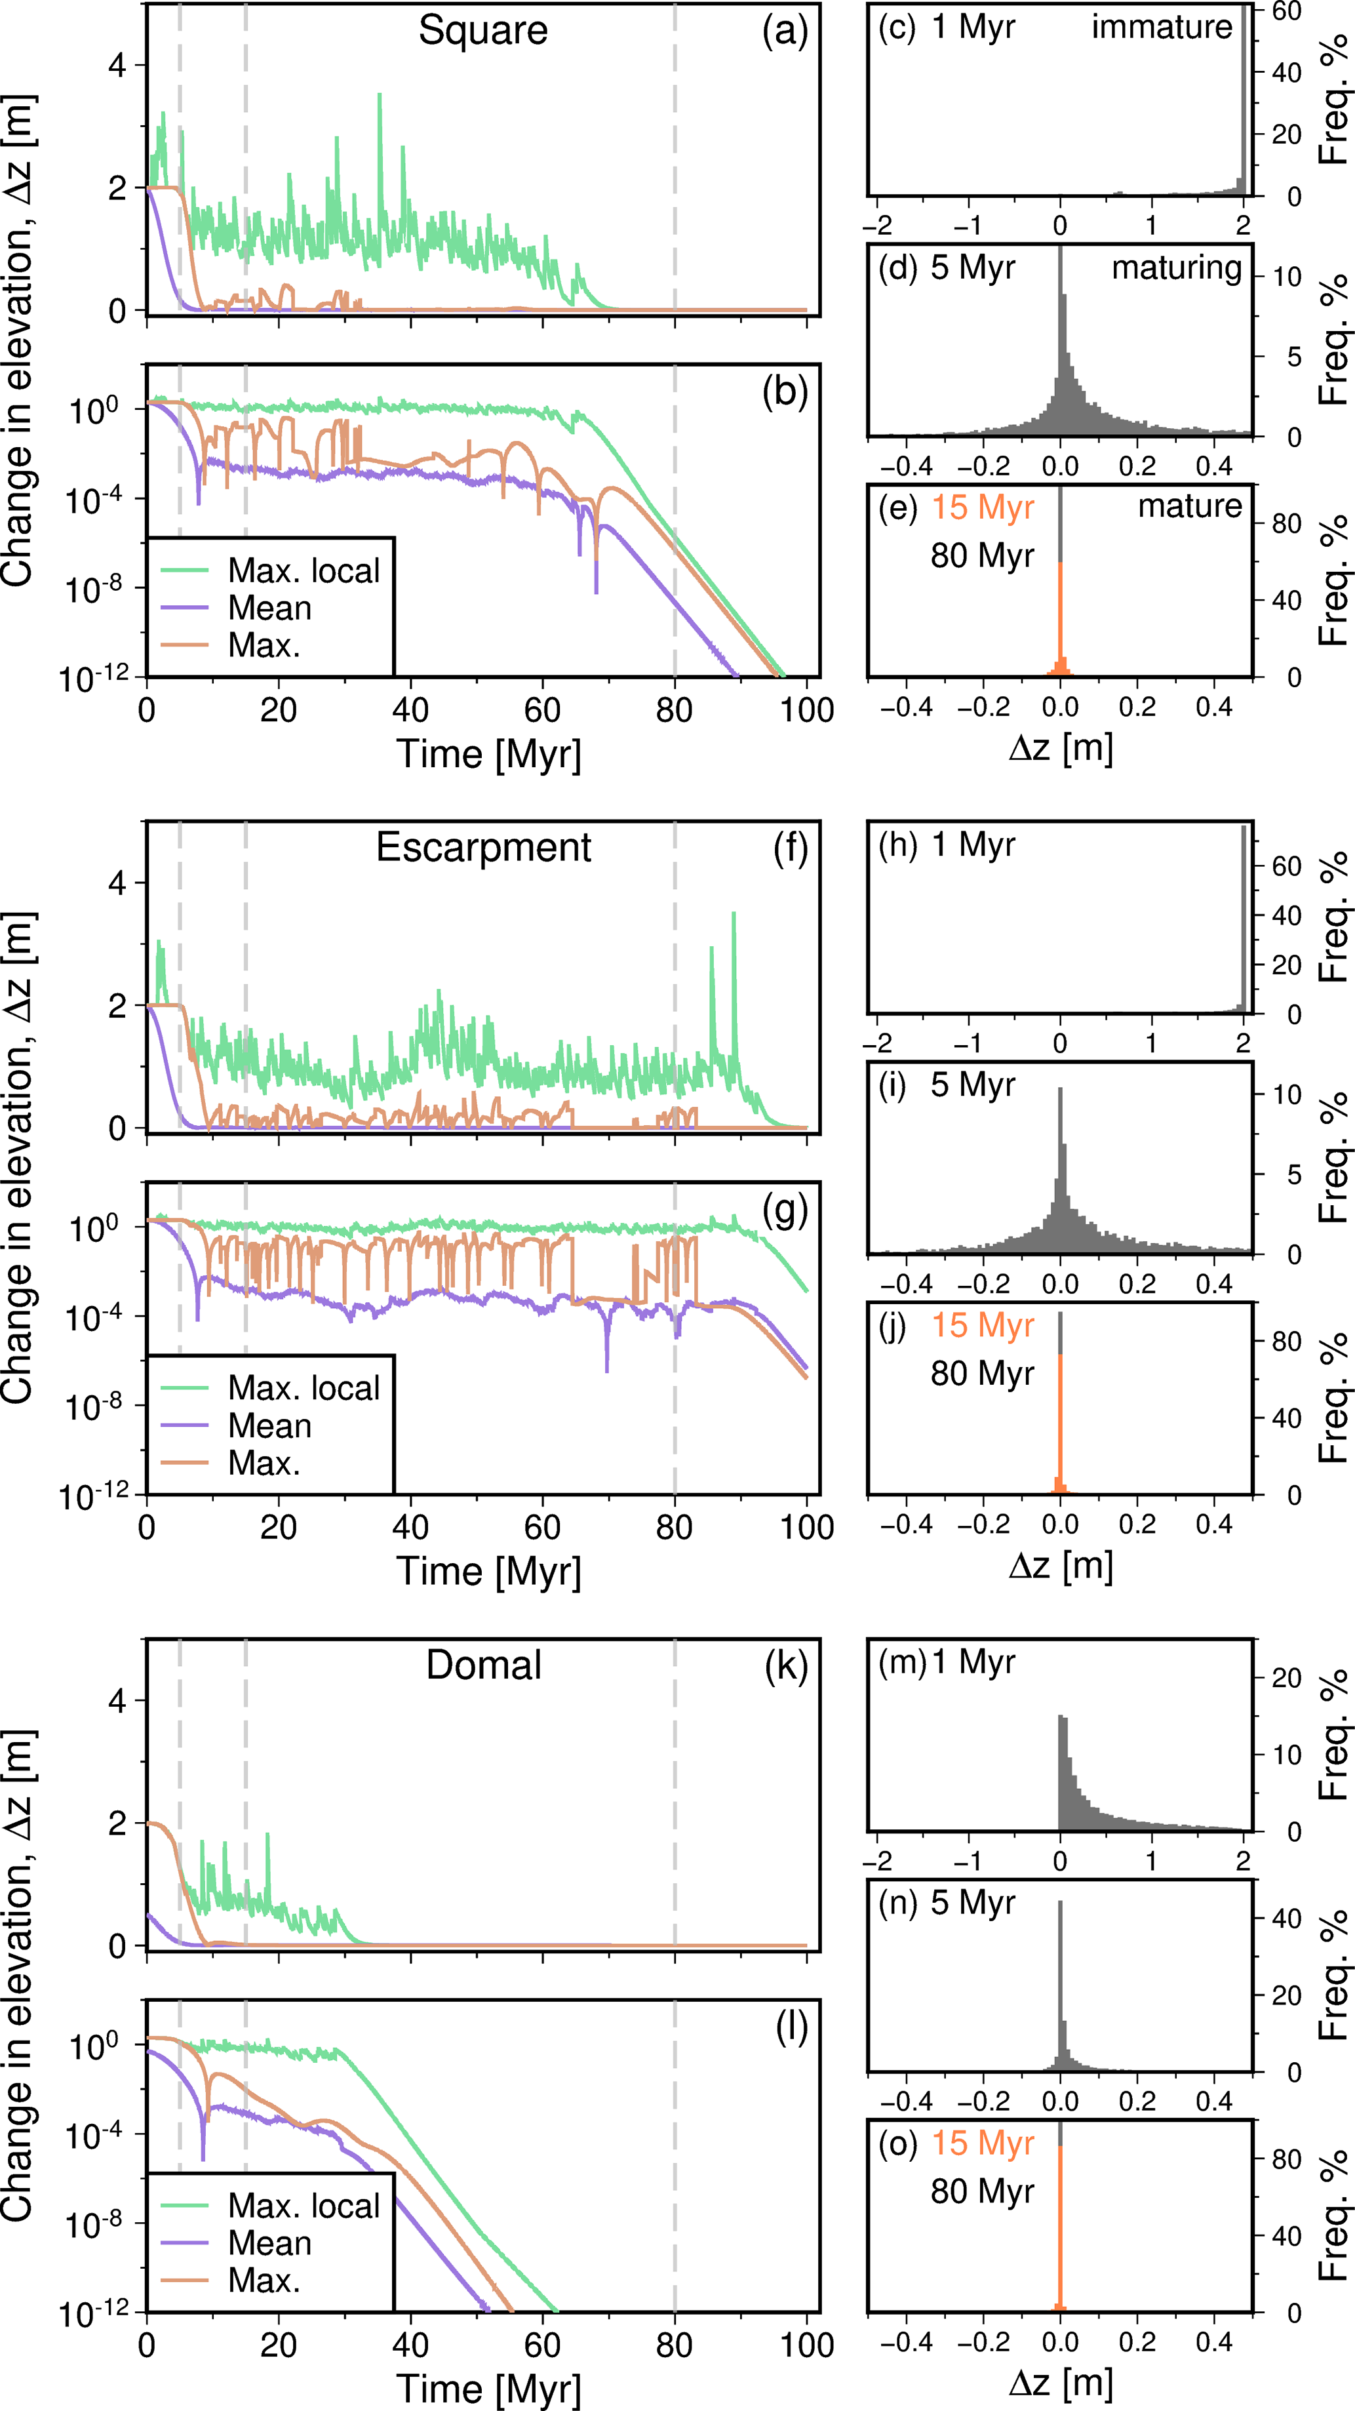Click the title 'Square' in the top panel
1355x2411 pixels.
[x=483, y=31]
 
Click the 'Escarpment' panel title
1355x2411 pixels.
[x=483, y=848]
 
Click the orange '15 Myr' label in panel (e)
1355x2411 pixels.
[x=983, y=508]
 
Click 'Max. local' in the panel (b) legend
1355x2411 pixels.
[x=304, y=571]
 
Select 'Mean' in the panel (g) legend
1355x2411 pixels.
[x=269, y=1425]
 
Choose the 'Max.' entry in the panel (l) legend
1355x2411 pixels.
[x=264, y=2281]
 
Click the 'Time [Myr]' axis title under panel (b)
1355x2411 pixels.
[x=488, y=754]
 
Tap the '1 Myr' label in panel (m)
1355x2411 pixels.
[x=973, y=1662]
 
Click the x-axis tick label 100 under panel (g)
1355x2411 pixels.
[x=806, y=1528]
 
